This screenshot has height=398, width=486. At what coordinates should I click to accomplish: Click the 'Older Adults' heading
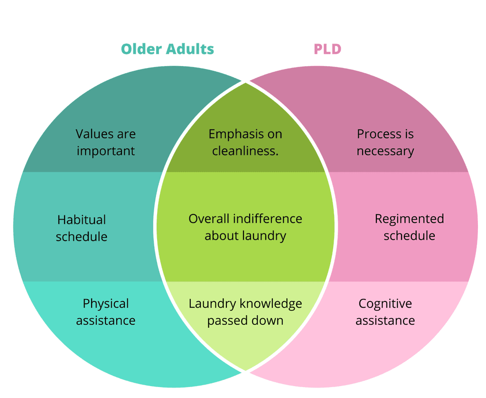coord(167,49)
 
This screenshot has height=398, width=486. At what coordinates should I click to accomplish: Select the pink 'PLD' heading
coord(327,49)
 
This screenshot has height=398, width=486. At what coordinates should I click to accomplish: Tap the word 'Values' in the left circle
coord(92,134)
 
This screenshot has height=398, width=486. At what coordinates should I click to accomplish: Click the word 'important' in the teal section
coord(106,151)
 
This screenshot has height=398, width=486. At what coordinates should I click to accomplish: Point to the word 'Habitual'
coord(82,220)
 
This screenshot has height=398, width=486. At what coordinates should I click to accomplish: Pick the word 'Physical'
coord(106,304)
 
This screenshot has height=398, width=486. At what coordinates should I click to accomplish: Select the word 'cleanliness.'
coord(245,151)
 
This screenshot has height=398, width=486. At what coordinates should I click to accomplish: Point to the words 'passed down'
coord(245,320)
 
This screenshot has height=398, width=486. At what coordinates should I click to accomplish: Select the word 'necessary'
coord(385,151)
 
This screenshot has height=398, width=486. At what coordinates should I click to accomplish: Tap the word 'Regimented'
coord(409,219)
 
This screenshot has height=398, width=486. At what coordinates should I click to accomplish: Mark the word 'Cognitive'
coord(385,304)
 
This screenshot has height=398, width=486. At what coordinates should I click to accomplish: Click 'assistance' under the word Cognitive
coord(385,320)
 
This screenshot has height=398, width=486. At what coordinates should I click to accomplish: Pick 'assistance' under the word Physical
coord(106,320)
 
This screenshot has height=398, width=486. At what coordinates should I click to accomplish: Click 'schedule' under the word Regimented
coord(409,236)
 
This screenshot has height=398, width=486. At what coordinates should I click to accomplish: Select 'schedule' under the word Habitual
coord(82,236)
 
